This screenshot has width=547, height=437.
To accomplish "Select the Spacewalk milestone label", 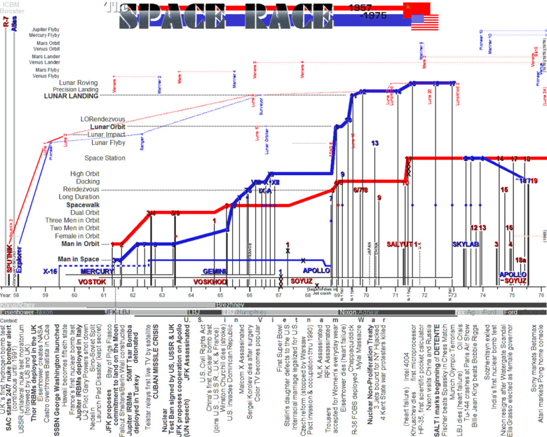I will (x=83, y=205).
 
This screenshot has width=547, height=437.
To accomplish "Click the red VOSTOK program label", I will (x=91, y=281).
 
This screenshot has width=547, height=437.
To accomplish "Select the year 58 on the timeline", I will (x=15, y=296).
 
